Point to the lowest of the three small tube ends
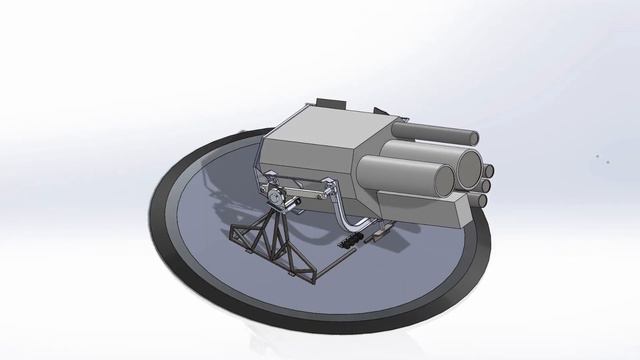(481, 200)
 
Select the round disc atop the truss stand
(274, 199)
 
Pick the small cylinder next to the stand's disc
(292, 206)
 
